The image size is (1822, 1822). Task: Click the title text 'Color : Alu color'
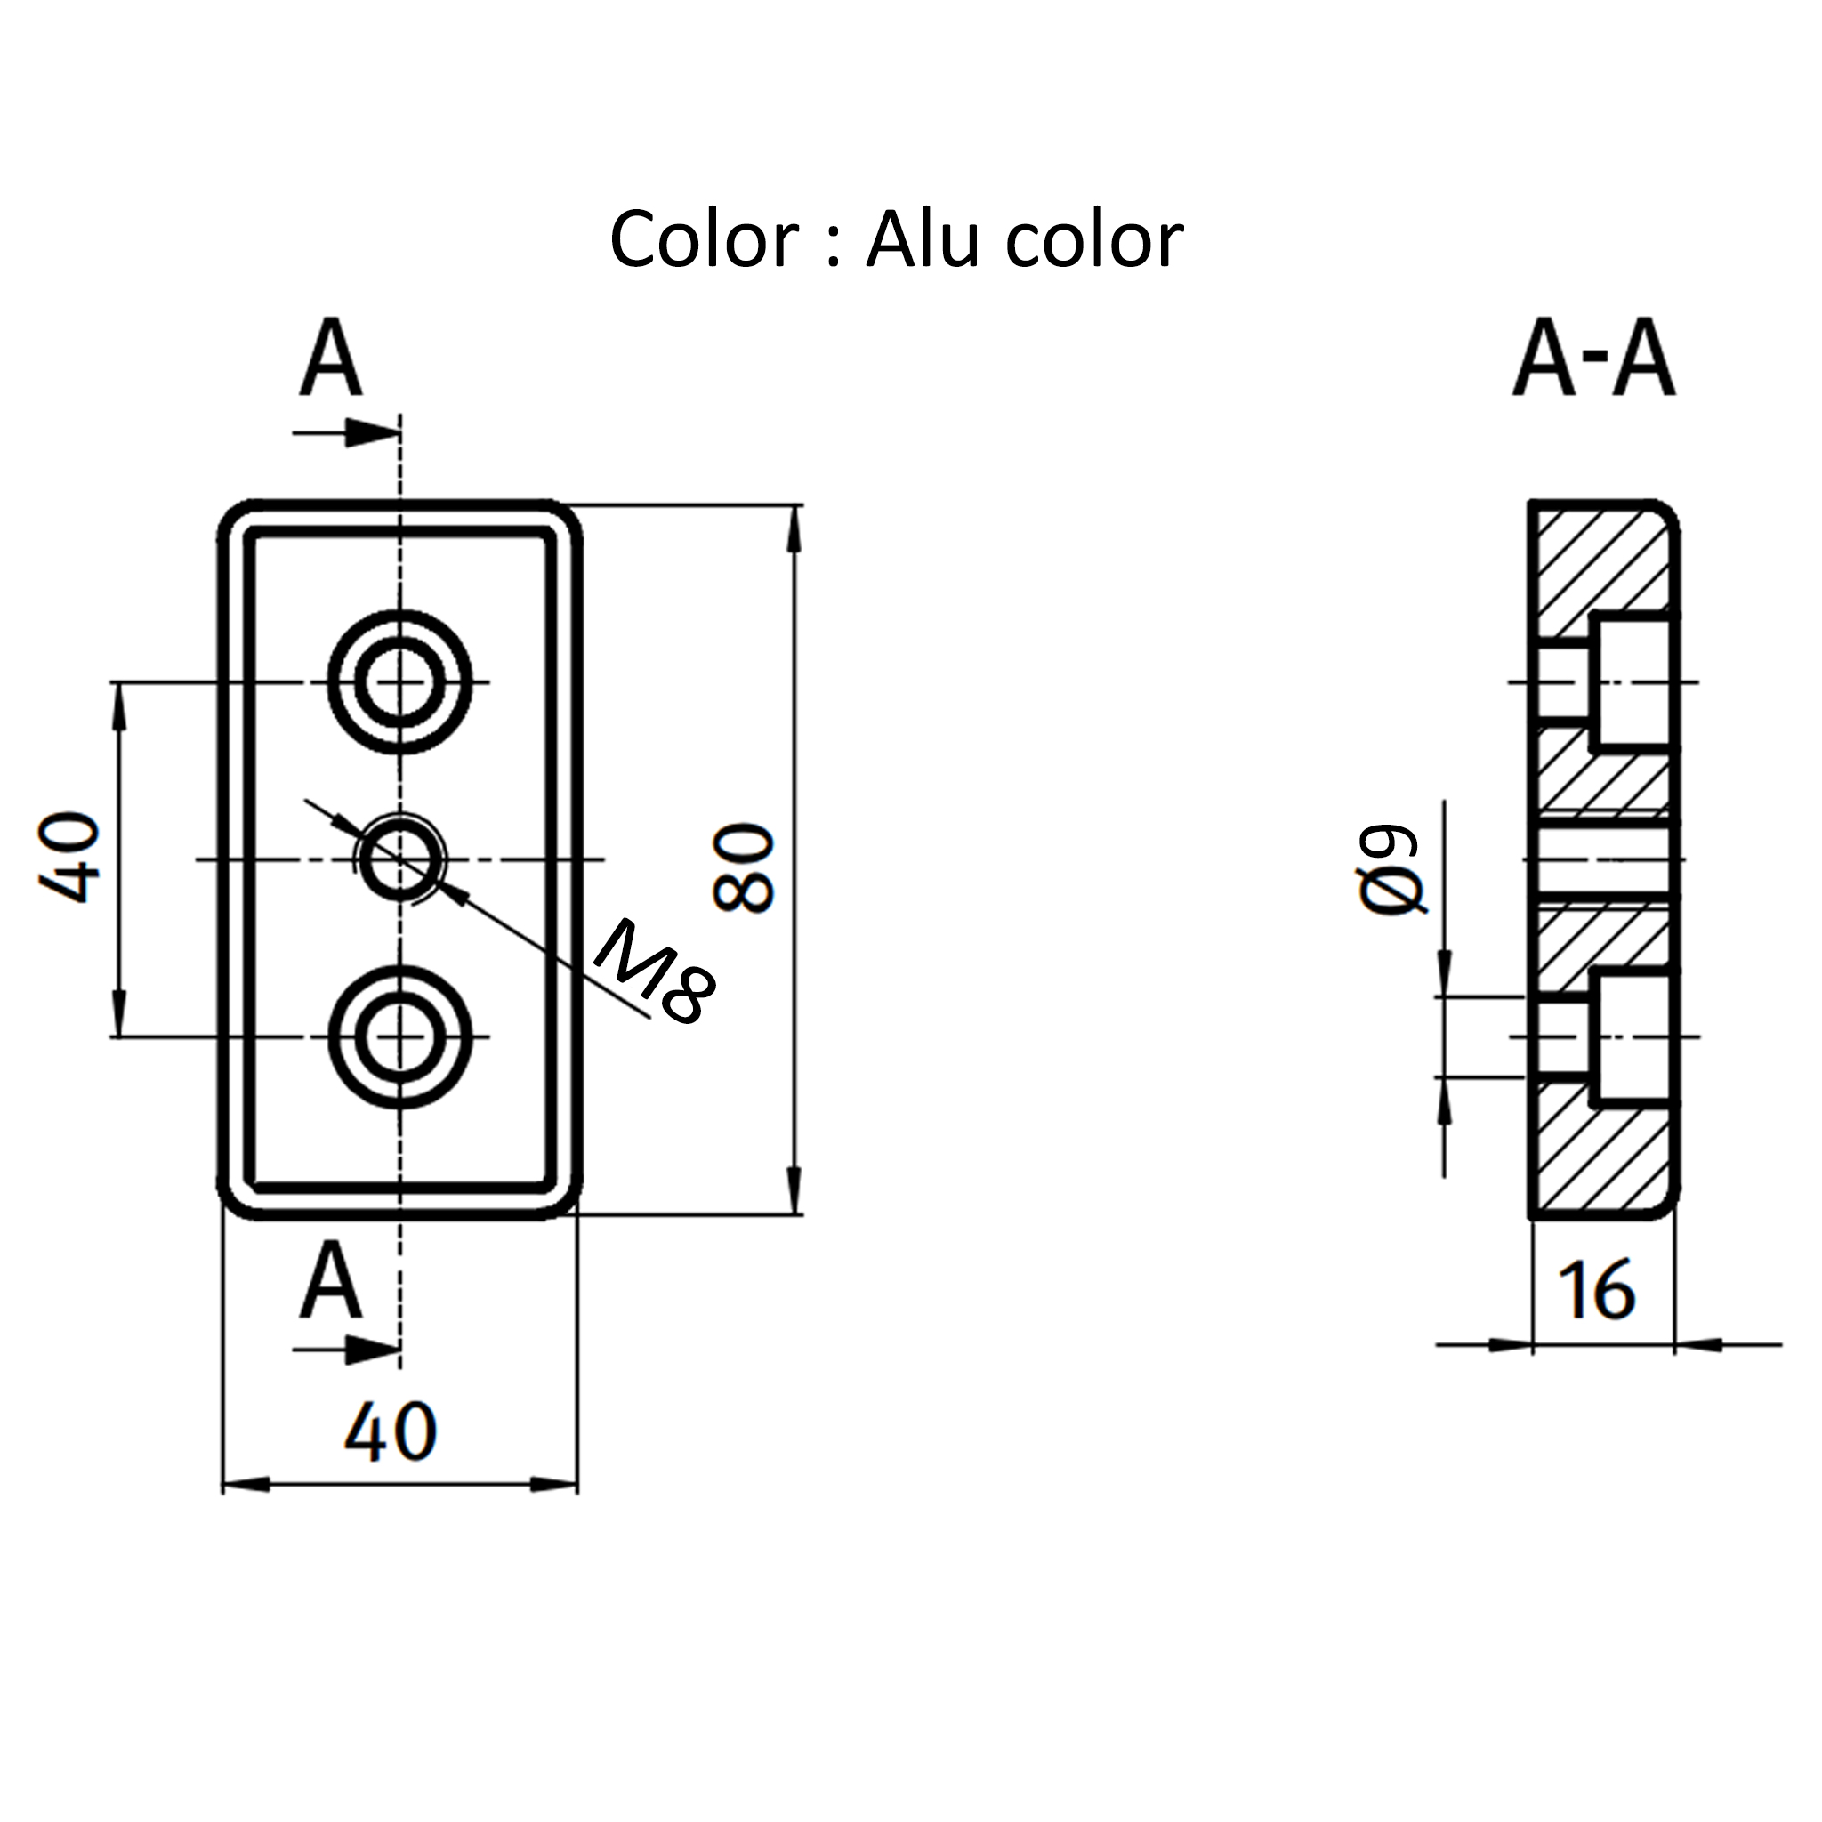896,240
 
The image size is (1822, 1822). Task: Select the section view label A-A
1593,359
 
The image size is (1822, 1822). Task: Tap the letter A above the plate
331,359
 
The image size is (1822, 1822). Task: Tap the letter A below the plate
331,1282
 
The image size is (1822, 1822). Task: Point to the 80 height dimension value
744,867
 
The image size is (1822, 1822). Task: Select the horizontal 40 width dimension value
391,1432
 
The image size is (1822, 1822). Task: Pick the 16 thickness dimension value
1596,1290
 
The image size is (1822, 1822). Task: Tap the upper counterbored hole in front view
399,681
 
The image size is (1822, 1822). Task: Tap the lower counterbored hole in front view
399,1036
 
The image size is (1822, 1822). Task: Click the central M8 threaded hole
399,859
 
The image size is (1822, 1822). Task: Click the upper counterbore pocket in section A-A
1632,681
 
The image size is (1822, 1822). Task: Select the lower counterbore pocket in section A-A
1632,1036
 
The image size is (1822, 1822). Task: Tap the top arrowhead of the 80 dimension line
794,528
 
